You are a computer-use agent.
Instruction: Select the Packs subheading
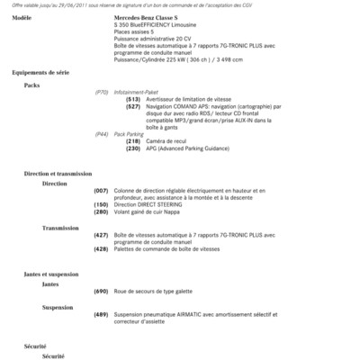pos(32,85)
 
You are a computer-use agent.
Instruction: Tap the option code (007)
pos(101,191)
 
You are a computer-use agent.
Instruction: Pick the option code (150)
pos(101,205)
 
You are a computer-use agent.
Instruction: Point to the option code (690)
pos(101,292)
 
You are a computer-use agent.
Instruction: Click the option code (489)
pos(101,313)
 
